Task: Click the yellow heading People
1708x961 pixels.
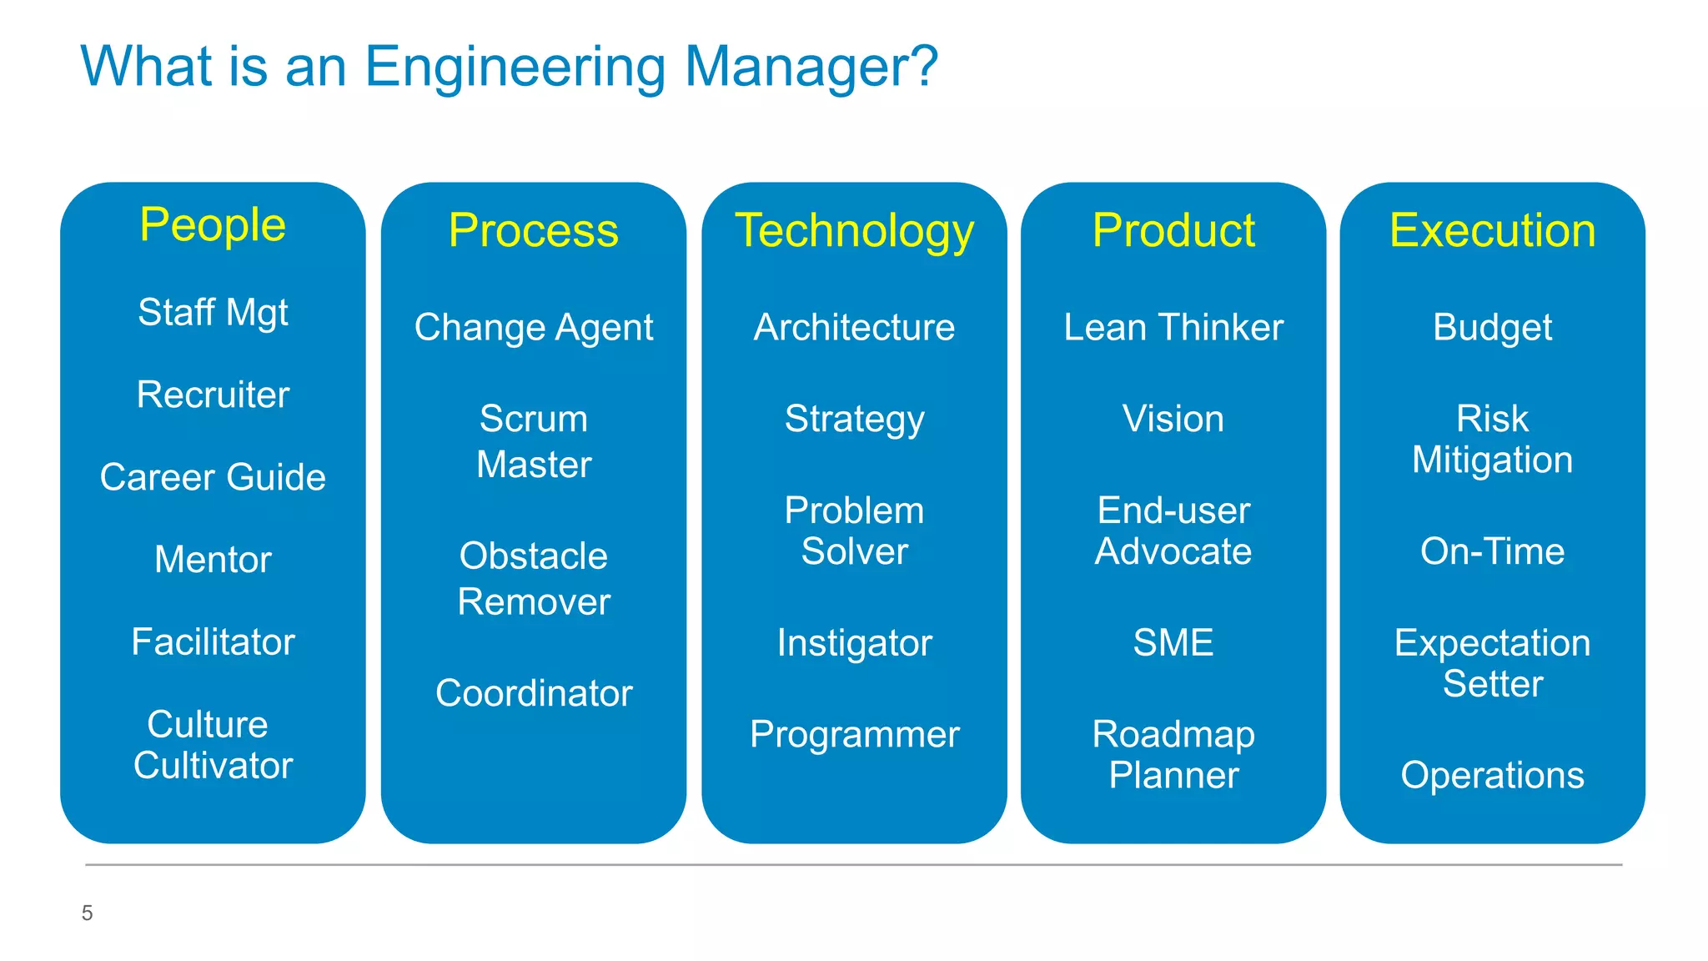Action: (x=213, y=225)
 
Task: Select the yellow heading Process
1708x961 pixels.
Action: (x=534, y=231)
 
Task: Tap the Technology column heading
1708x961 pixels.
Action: (x=854, y=231)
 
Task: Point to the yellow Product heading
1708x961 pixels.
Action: (x=1173, y=231)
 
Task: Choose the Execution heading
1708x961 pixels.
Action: (x=1492, y=231)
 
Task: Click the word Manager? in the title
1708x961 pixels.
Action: (x=811, y=67)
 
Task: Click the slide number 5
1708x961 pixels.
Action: (x=87, y=913)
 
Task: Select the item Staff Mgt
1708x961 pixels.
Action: (x=213, y=313)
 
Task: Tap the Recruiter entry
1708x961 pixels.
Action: (x=213, y=395)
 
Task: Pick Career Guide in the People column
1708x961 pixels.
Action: (x=213, y=477)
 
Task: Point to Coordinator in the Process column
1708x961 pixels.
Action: (x=534, y=693)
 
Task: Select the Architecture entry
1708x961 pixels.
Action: (x=854, y=327)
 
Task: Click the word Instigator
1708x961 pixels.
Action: (x=854, y=643)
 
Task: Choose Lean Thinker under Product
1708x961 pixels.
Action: (x=1173, y=327)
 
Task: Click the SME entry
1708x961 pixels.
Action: (x=1173, y=642)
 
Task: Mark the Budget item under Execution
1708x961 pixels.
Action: (x=1492, y=327)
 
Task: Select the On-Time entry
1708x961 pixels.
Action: (x=1492, y=551)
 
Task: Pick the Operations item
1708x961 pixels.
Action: (x=1492, y=776)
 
